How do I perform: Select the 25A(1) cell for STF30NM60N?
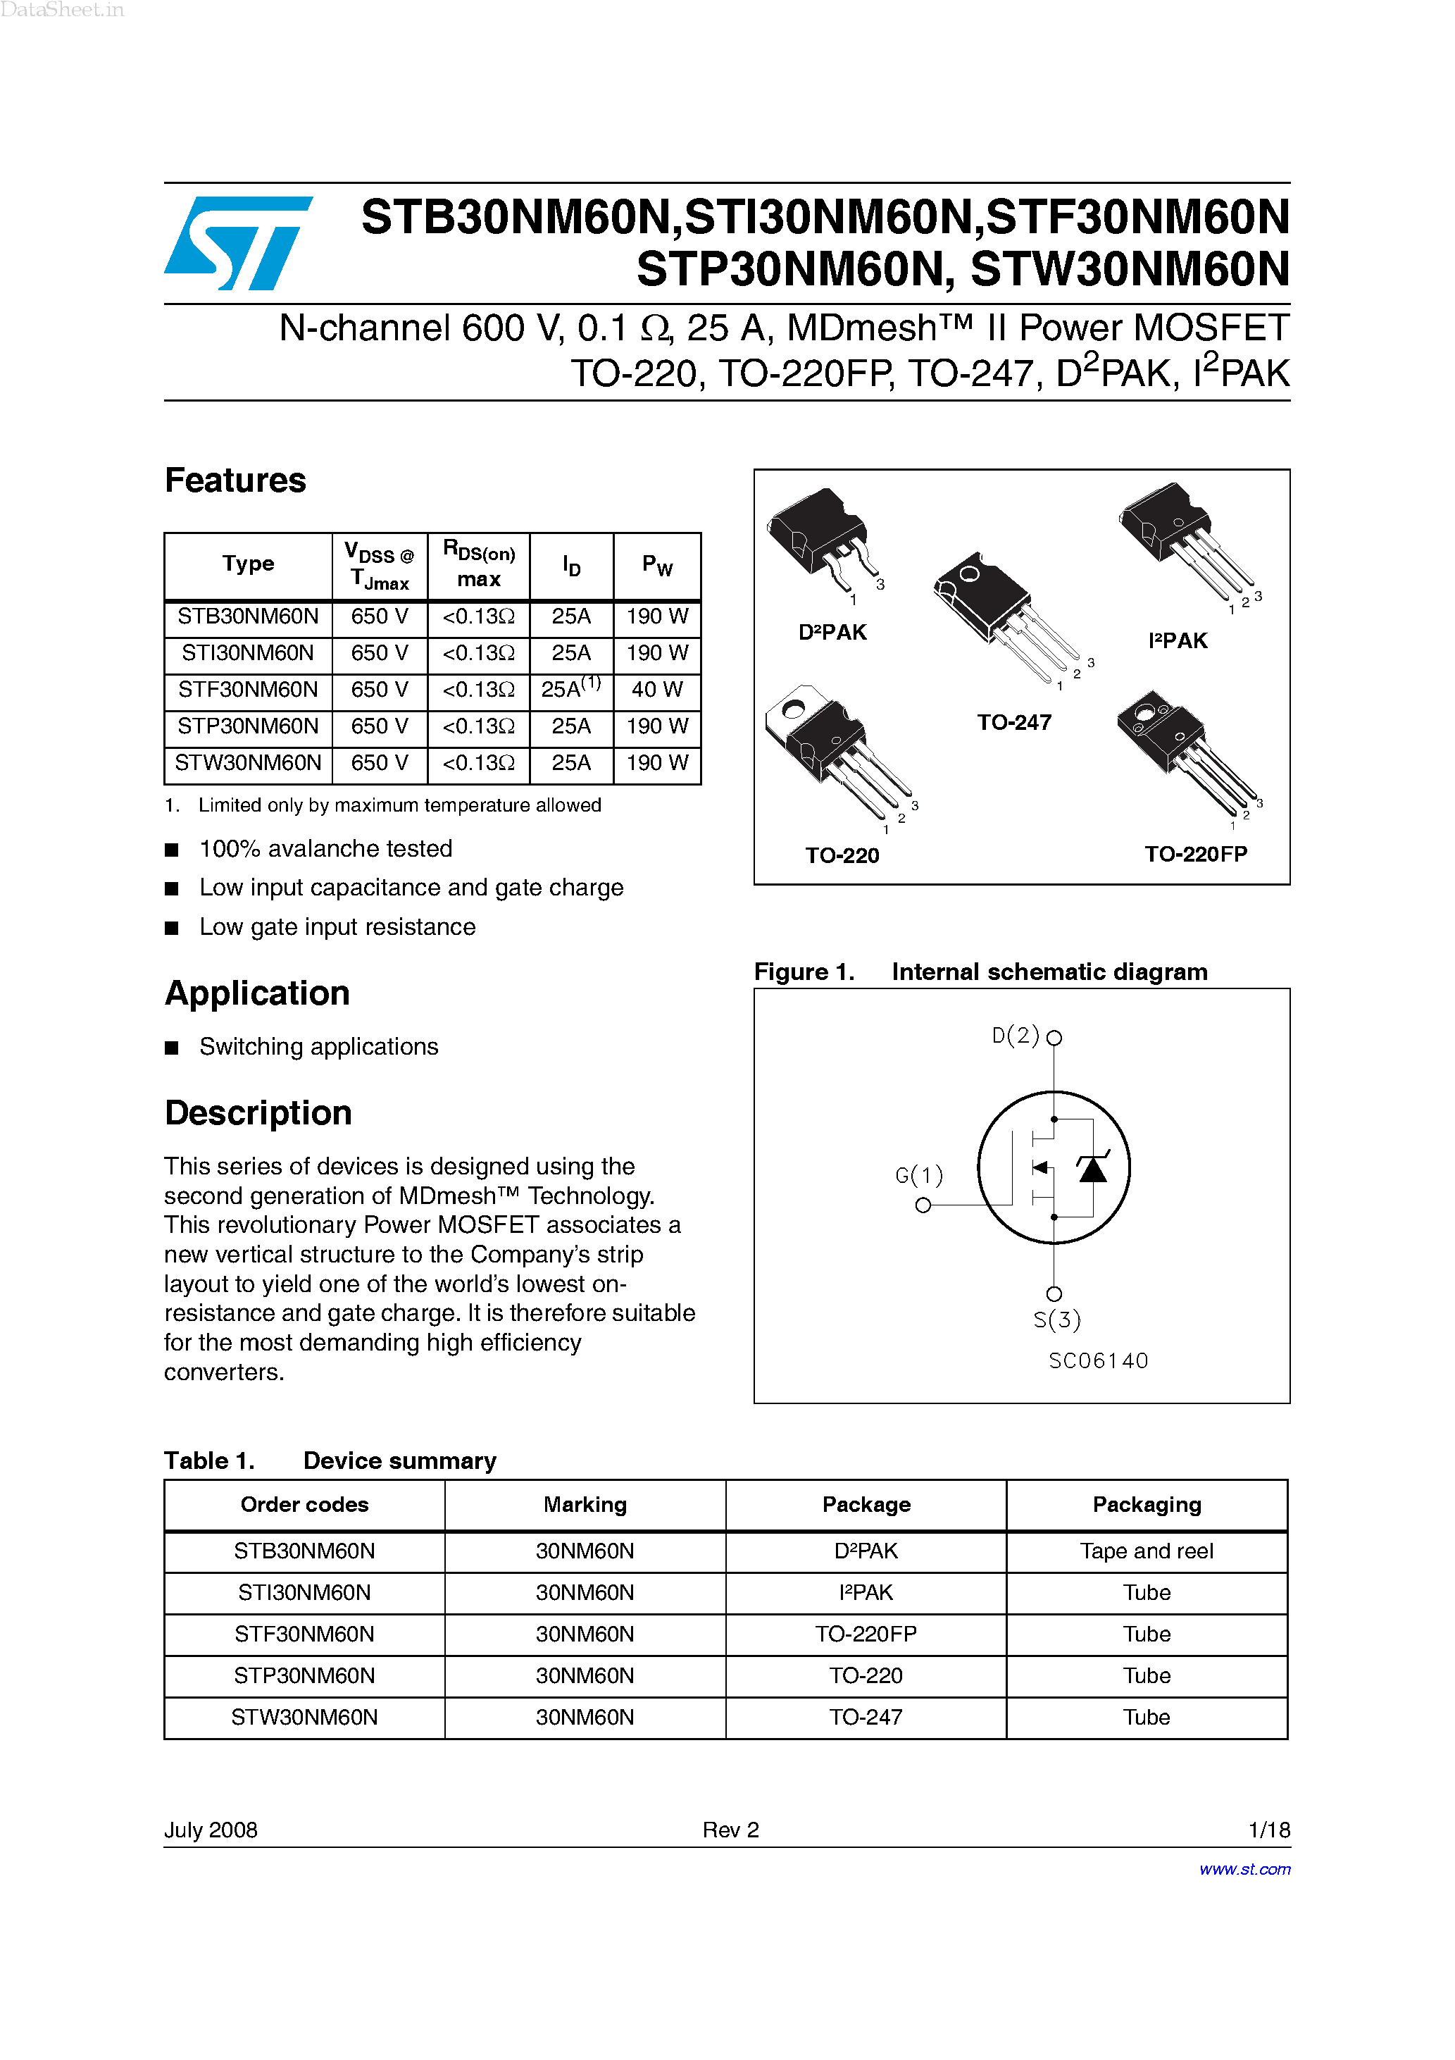coord(570,689)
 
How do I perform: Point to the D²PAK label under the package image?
coord(832,633)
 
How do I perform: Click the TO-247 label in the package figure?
coord(1013,722)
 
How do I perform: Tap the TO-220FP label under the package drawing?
coord(1195,854)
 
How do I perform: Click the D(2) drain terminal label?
coord(1016,1036)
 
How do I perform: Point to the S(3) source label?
coord(1056,1320)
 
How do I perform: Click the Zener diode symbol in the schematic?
coord(1092,1167)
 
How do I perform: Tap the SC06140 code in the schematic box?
coord(1098,1361)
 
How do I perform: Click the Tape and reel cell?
coord(1146,1551)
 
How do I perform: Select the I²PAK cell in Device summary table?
coord(866,1592)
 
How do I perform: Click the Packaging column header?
coord(1146,1505)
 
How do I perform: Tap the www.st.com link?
coord(1244,1869)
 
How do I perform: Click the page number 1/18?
coord(1268,1830)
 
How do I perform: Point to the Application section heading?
coord(258,993)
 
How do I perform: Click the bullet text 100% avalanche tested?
coord(325,849)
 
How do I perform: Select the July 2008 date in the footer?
coord(211,1830)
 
